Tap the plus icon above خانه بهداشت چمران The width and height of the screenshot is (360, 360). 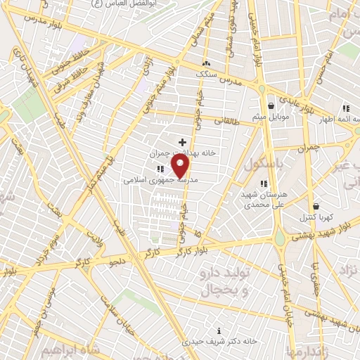[183, 143]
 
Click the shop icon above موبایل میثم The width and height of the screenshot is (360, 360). [271, 106]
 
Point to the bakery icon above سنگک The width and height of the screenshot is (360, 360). [206, 62]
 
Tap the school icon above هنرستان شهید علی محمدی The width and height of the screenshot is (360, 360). [264, 184]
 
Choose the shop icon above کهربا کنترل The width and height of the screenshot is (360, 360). [316, 207]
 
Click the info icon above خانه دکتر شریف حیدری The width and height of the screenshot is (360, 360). [219, 330]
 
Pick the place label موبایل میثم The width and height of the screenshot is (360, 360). [271, 117]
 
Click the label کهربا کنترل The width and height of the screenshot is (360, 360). [316, 217]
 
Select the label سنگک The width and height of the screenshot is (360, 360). [206, 72]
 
